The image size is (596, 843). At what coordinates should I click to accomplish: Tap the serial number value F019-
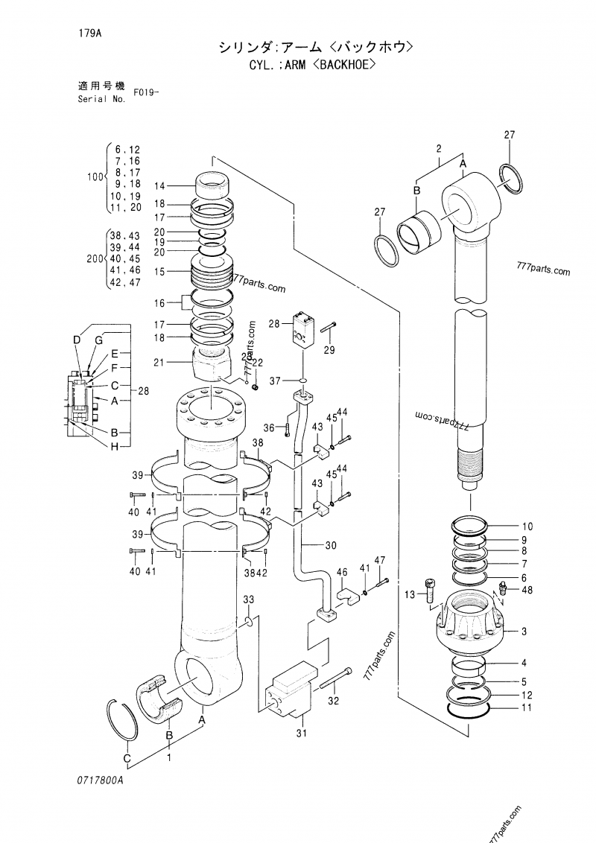pos(147,93)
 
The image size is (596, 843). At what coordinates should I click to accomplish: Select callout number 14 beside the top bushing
pos(159,185)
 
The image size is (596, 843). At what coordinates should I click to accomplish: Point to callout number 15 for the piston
pos(159,272)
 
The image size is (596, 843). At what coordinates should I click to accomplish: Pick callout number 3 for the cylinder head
pos(524,632)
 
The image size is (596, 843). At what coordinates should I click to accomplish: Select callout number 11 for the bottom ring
pos(526,707)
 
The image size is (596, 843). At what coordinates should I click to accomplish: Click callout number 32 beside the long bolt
pos(335,701)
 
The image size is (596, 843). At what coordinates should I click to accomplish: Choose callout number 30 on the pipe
pos(331,544)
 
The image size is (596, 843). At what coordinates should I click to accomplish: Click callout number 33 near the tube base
pos(249,599)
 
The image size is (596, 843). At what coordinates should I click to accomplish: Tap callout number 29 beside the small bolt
pos(329,350)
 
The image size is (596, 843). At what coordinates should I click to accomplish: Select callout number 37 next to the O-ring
pos(274,381)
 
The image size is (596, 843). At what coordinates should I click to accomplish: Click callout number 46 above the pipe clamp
pos(342,573)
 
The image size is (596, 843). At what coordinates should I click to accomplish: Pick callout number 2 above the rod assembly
pos(439,147)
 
